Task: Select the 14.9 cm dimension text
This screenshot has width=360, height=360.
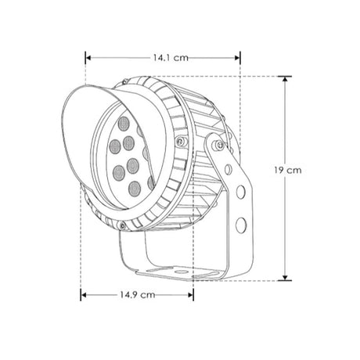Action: (x=137, y=295)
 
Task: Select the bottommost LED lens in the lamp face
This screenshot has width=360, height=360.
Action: (x=134, y=186)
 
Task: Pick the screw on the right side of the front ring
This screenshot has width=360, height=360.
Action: (x=181, y=142)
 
